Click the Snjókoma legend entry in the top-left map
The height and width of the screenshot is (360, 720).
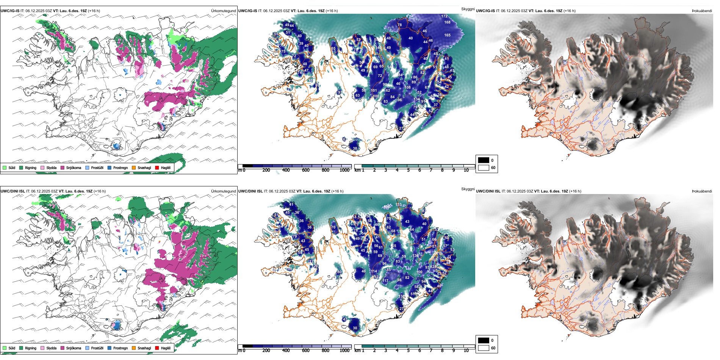[73, 167]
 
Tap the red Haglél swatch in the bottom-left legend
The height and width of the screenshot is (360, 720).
[157, 348]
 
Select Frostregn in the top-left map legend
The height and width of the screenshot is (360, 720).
[120, 167]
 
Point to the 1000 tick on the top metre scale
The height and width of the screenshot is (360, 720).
[344, 170]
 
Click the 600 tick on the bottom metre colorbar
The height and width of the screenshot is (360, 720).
[305, 351]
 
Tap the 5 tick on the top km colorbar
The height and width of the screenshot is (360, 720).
[408, 170]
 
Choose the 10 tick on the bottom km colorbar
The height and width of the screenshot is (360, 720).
[466, 351]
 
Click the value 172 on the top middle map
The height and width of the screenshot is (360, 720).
[445, 16]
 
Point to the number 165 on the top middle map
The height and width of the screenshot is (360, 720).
[448, 35]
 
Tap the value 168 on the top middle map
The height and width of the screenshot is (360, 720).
[448, 22]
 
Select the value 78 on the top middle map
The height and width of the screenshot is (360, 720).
[399, 25]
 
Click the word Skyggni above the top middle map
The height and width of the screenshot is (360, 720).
[468, 9]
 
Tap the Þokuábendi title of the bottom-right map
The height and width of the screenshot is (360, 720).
[702, 191]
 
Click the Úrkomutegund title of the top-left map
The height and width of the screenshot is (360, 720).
[223, 11]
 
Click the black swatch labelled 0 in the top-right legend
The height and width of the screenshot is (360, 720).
[484, 160]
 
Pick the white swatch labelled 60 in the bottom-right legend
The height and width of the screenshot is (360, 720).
[484, 348]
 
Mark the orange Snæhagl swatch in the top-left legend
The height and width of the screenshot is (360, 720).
[134, 167]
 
